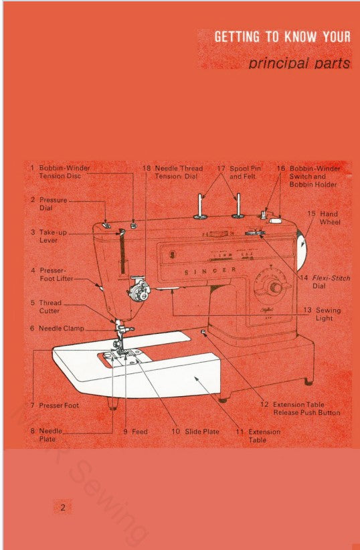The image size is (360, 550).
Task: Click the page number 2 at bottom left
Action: point(62,508)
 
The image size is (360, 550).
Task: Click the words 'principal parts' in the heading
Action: point(299,64)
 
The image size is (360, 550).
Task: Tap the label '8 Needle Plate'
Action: point(46,435)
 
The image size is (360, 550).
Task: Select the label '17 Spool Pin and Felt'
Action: point(239,172)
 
